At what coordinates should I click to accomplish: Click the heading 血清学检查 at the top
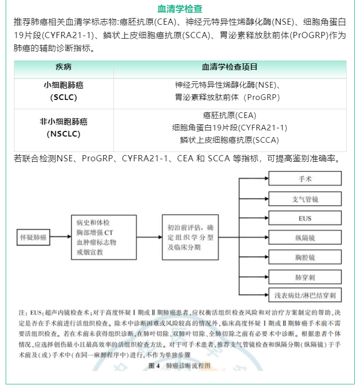(179, 9)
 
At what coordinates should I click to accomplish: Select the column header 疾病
(63, 68)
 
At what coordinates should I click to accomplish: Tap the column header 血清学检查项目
(230, 68)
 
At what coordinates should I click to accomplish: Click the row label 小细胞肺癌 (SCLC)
(63, 91)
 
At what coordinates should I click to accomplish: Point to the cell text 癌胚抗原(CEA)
(230, 115)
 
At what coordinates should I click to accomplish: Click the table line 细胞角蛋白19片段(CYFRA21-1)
(230, 127)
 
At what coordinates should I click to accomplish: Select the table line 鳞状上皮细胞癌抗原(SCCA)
(230, 140)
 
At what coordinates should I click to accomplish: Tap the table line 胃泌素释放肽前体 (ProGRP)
(230, 97)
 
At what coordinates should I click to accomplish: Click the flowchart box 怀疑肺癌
(33, 238)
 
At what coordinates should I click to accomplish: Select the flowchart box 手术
(304, 179)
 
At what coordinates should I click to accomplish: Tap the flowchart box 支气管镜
(304, 198)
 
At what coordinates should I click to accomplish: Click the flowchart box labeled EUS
(304, 218)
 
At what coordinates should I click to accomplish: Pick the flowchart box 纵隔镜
(304, 238)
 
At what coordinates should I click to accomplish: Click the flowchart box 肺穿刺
(304, 276)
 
